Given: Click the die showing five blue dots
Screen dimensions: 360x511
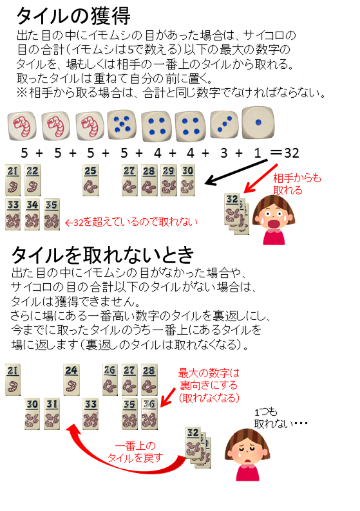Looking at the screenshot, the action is click(122, 124).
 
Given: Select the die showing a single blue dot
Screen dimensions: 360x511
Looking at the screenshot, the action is click(258, 122).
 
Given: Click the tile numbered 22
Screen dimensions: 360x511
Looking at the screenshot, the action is click(32, 180).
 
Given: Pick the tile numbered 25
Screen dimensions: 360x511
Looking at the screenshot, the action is click(91, 180).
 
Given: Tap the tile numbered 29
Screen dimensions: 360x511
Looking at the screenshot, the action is click(169, 180).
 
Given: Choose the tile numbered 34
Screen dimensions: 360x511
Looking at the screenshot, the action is click(32, 214).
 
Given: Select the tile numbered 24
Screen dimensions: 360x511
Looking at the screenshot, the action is click(71, 380).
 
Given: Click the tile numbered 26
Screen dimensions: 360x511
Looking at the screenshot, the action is click(110, 380).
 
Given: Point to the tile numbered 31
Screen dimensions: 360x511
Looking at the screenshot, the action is click(52, 414).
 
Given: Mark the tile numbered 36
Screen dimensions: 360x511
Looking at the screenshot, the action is click(149, 414).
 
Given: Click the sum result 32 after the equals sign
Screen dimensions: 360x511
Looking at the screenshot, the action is click(292, 153).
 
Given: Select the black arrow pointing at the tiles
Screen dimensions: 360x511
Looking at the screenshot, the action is click(237, 172).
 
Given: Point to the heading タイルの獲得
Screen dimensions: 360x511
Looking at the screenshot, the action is click(73, 16).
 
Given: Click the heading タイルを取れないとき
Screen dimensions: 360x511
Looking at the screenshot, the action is click(103, 255).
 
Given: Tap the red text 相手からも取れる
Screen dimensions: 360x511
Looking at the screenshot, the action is click(297, 184).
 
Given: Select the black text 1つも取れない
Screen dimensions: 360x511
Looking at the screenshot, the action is click(281, 418).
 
